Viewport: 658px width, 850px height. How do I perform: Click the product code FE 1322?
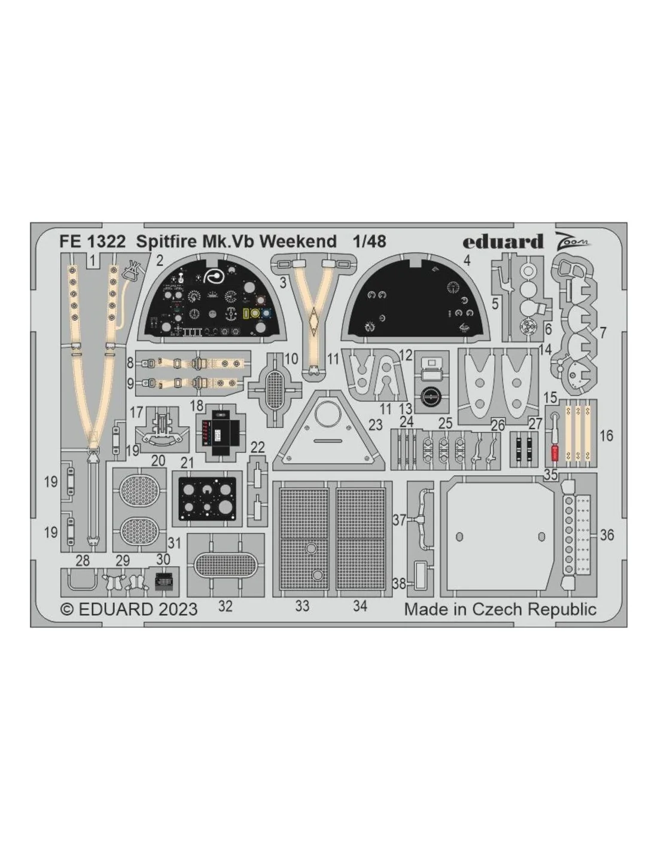(x=92, y=241)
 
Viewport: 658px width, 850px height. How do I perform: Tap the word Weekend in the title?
(x=298, y=241)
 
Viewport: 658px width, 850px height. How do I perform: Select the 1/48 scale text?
(x=370, y=241)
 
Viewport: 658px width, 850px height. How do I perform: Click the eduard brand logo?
(x=503, y=241)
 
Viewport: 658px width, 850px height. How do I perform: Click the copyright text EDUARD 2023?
(x=130, y=609)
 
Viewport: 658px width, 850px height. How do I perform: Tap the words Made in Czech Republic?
(x=500, y=609)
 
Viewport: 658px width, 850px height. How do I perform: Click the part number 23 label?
(x=376, y=425)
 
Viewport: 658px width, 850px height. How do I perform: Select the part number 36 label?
(x=607, y=535)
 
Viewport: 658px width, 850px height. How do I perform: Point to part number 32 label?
(x=226, y=606)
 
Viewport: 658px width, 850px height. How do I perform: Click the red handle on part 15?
(x=555, y=453)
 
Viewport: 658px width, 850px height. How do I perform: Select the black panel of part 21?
(x=207, y=499)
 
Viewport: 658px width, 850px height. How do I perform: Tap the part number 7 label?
(x=603, y=333)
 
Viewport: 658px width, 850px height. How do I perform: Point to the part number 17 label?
(x=136, y=412)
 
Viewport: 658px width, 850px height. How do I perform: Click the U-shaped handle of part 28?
(x=82, y=581)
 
